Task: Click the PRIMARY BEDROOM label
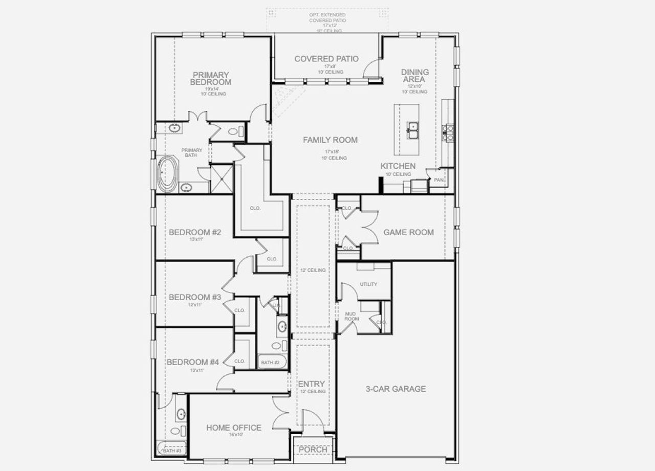(210, 78)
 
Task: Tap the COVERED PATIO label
(326, 59)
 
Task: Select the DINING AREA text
(414, 76)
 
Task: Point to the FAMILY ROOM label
(330, 140)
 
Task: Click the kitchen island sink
(412, 130)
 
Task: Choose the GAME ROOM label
(408, 232)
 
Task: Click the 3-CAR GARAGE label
(396, 389)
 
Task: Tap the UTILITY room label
(368, 284)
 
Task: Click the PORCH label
(313, 449)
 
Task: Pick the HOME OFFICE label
(233, 428)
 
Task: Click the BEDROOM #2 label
(195, 233)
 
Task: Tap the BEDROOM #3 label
(195, 297)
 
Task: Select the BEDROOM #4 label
(193, 362)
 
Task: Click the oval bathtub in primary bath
(167, 174)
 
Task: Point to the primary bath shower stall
(222, 178)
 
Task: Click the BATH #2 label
(270, 363)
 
